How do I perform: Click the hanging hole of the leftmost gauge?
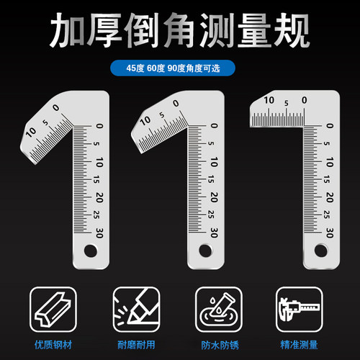[91, 250]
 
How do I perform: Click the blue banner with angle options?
[179, 70]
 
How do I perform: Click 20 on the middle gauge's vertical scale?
[213, 197]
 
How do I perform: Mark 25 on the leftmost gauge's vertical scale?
[98, 214]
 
